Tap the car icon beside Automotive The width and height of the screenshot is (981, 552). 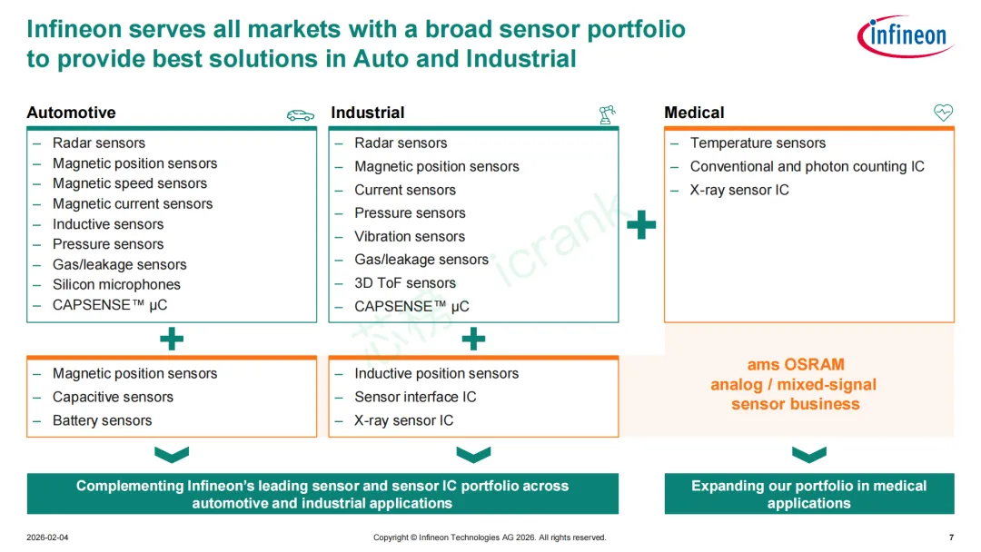pos(301,115)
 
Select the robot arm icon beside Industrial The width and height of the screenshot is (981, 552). pos(606,114)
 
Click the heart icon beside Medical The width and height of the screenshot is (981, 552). pos(943,113)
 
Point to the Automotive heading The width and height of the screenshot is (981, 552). pos(72,113)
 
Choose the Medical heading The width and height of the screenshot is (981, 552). pos(694,113)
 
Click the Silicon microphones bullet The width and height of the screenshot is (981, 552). pos(116,285)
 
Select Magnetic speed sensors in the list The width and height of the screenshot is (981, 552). pos(130,183)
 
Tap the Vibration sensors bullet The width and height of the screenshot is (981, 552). pos(410,236)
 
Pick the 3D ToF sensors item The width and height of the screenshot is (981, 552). pos(405,283)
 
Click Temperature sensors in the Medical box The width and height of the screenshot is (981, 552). pos(758,143)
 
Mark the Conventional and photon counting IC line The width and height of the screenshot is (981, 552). pos(807,166)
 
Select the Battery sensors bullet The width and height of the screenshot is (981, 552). pos(102,420)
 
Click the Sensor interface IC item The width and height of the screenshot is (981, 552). pos(415,397)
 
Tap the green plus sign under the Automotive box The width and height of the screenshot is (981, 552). pos(172,340)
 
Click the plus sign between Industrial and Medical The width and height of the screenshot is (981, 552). pos(641,225)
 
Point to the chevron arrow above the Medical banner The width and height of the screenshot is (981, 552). pos(808,454)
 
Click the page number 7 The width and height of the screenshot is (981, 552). pos(951,537)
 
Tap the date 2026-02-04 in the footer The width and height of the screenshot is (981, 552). pos(47,537)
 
